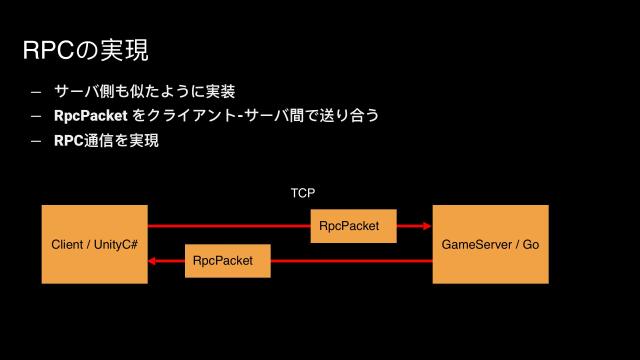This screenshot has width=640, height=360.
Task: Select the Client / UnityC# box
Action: pos(95,244)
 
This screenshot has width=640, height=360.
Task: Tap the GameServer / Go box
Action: pos(490,244)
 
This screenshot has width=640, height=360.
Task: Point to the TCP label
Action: pos(303,191)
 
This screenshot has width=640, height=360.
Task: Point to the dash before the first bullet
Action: pos(36,92)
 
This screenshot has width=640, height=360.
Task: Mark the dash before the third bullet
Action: pos(36,141)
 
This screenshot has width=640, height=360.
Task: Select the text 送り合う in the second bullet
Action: pos(348,116)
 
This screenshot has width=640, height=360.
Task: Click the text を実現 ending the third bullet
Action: pos(141,141)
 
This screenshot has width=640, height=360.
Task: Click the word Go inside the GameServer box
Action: pos(530,244)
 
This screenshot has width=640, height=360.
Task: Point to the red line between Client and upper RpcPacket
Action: pos(230,226)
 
